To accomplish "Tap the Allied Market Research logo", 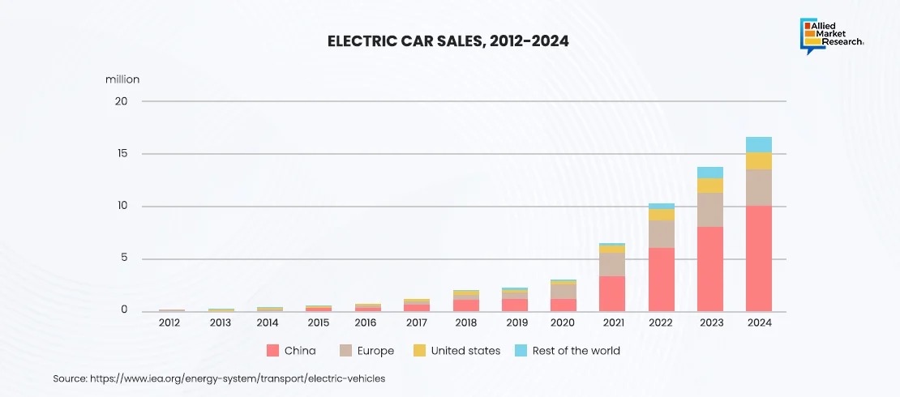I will click(831, 35).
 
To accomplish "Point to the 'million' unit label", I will click(122, 79).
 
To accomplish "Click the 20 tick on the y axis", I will click(122, 101).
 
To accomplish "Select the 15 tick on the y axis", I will click(122, 154).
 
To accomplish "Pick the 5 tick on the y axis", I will click(125, 259).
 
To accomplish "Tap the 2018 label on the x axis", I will click(465, 322).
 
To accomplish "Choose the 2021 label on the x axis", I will click(612, 322).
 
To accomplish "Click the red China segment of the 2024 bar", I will click(759, 259).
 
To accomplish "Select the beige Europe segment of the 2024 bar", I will click(759, 187).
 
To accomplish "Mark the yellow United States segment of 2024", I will click(759, 160).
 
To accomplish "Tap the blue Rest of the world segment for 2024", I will click(759, 144).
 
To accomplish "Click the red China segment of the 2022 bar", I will click(661, 280).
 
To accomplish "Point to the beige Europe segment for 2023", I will click(710, 210).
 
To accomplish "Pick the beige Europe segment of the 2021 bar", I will click(612, 264).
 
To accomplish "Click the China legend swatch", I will click(272, 351).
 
